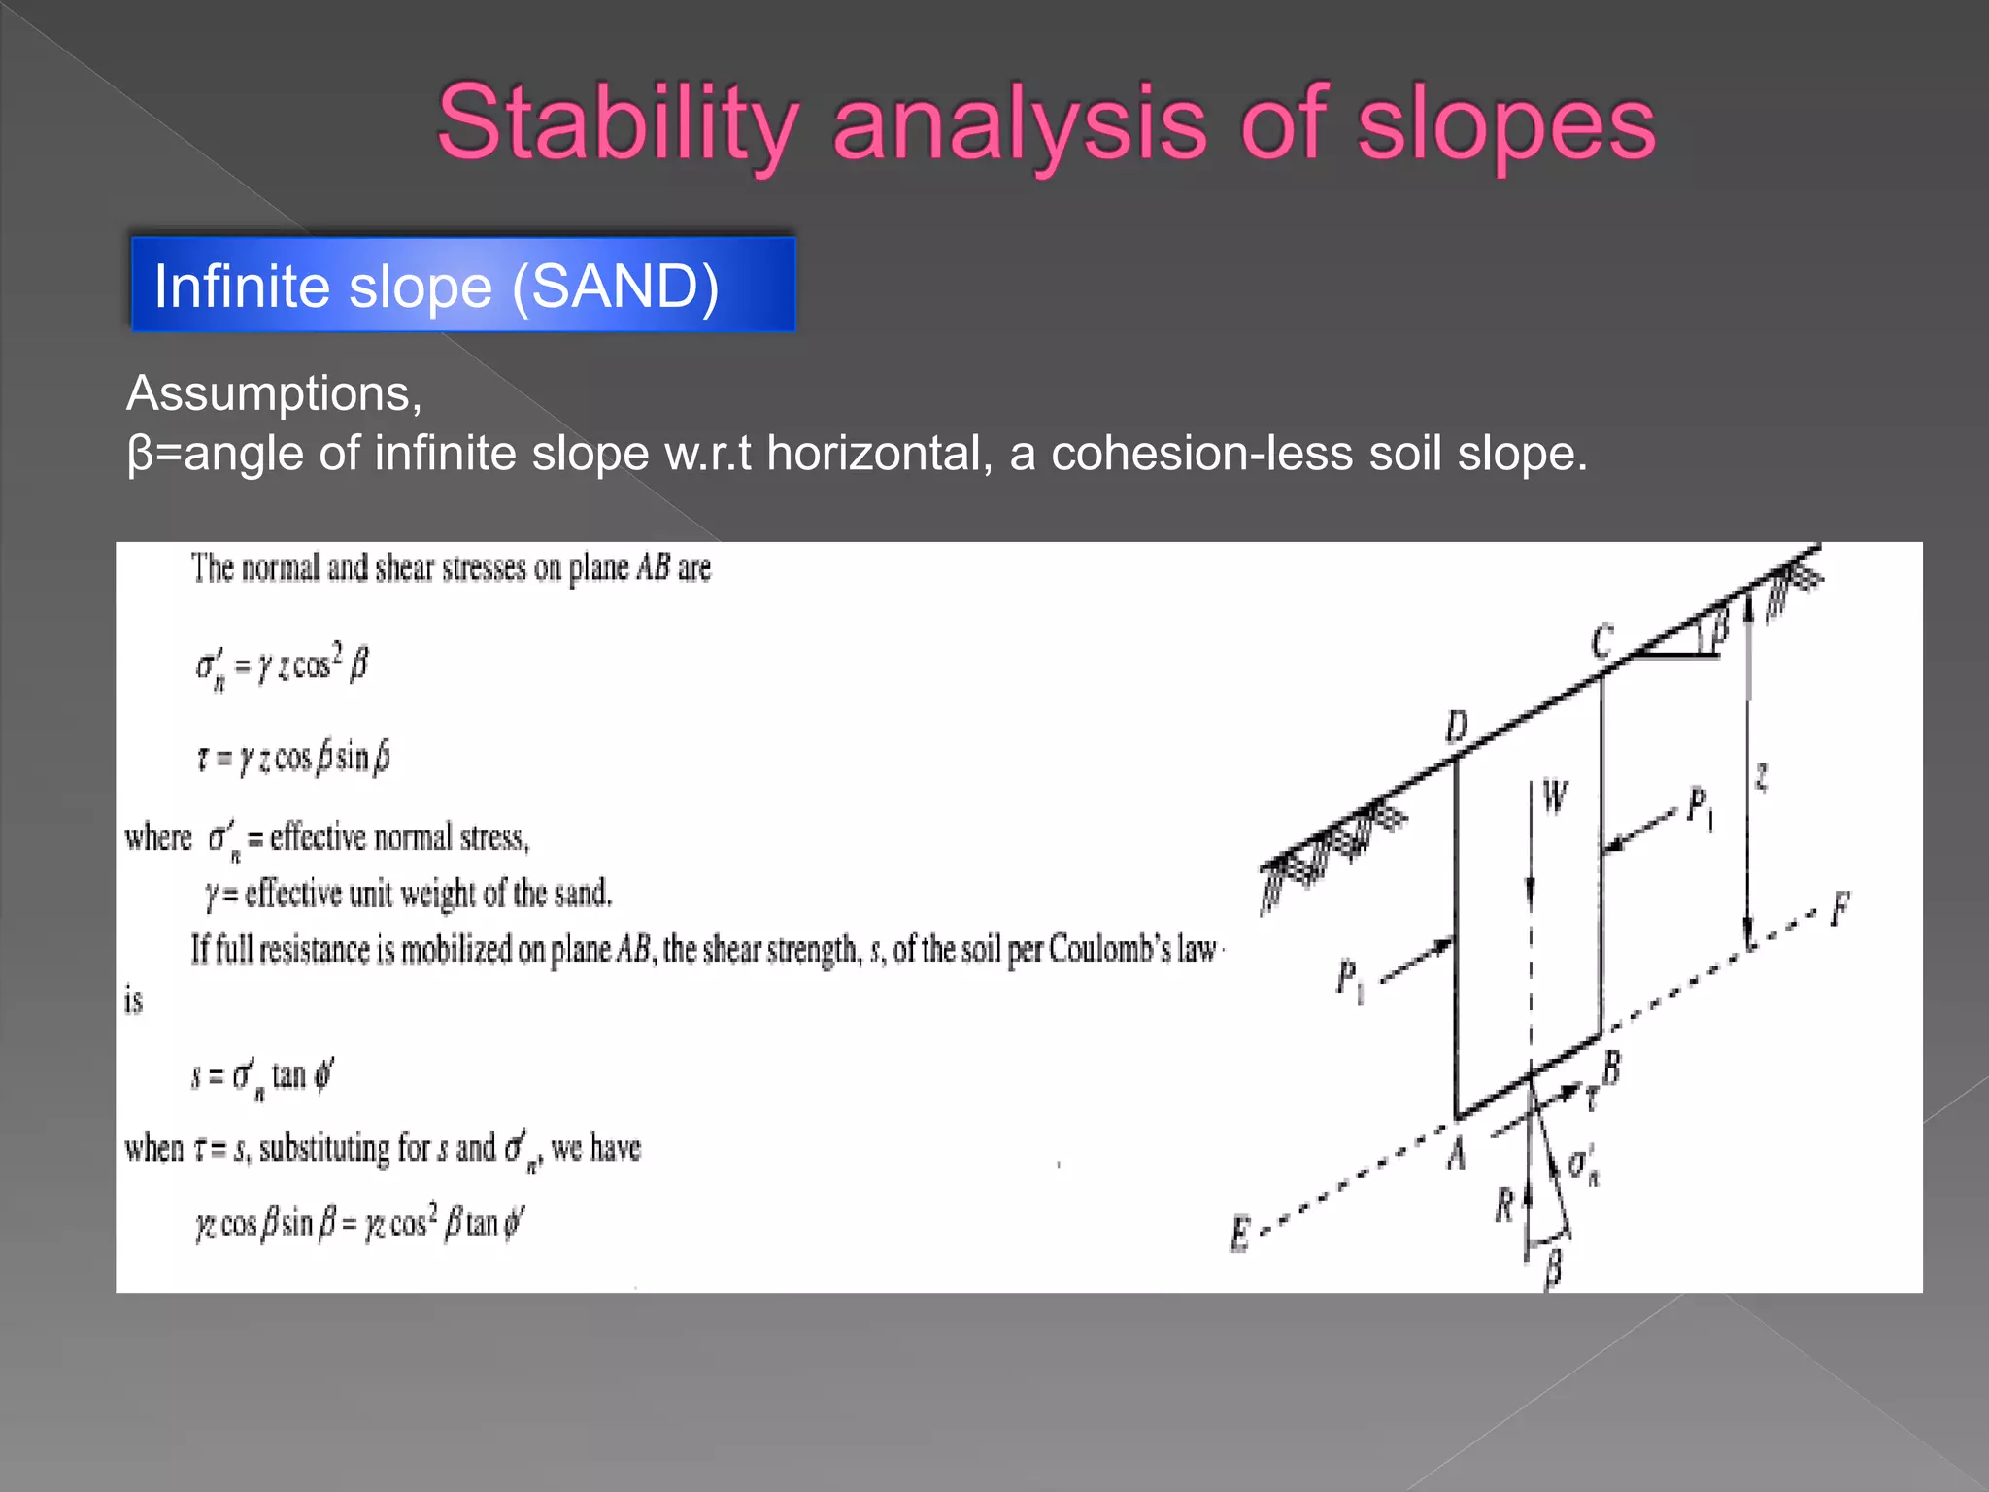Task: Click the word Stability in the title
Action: (x=618, y=124)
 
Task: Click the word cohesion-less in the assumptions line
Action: (x=1201, y=454)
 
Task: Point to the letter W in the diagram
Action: (x=1554, y=797)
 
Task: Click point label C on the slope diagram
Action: (x=1602, y=642)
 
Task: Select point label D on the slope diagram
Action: (x=1457, y=727)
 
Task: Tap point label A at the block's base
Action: (x=1456, y=1155)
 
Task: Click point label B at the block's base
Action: (x=1611, y=1068)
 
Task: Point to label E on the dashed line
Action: (x=1240, y=1235)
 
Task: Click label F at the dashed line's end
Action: (x=1839, y=909)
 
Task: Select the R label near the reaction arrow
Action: (x=1504, y=1206)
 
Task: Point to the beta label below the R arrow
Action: (x=1553, y=1268)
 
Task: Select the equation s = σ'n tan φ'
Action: (x=262, y=1076)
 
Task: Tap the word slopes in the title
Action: (x=1505, y=124)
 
